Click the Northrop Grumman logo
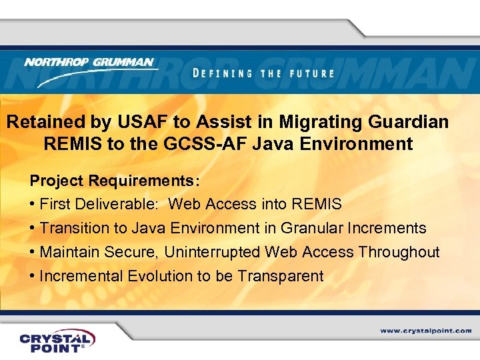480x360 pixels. pyautogui.click(x=89, y=69)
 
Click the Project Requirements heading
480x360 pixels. pyautogui.click(x=115, y=181)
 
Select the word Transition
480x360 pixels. pyautogui.click(x=75, y=228)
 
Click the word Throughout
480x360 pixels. pyautogui.click(x=399, y=252)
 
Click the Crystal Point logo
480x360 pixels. pyautogui.click(x=57, y=340)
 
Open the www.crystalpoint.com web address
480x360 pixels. pyautogui.click(x=425, y=330)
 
